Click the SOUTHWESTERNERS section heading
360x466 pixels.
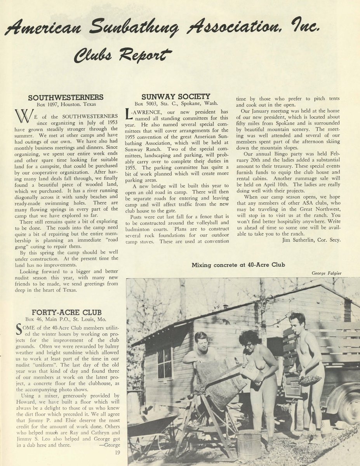click(66, 97)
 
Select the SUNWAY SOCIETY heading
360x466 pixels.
click(176, 96)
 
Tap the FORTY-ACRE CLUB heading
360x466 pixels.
click(66, 312)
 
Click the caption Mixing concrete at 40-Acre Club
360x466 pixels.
click(238, 265)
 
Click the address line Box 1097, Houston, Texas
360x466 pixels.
click(66, 104)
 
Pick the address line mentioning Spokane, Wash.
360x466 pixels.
click(176, 104)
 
